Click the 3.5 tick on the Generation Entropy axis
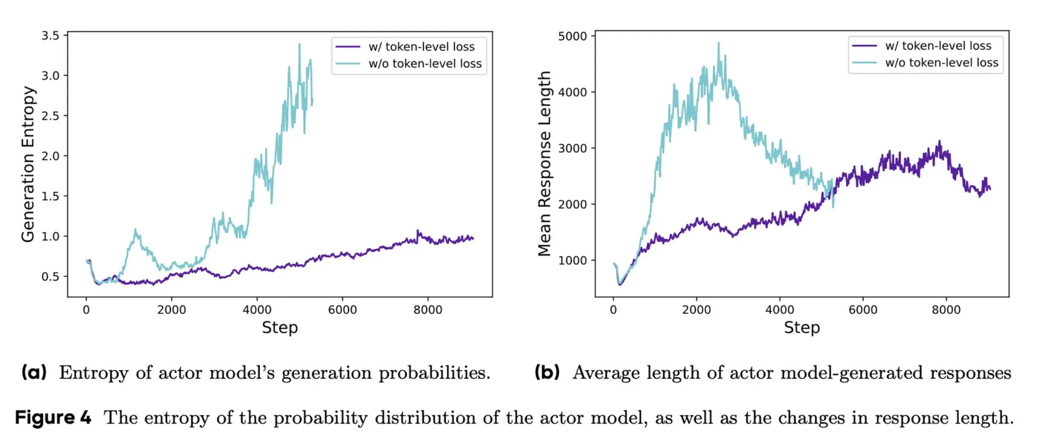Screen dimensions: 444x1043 click(50, 36)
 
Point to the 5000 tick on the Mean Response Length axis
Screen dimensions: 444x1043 click(572, 36)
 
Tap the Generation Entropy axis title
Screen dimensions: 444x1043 click(28, 164)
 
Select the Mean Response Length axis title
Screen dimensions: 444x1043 click(544, 164)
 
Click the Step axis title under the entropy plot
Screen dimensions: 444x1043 click(280, 327)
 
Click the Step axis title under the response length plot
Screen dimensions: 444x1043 click(802, 327)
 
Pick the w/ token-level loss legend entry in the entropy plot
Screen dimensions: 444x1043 click(421, 47)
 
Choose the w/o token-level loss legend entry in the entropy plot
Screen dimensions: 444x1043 click(425, 64)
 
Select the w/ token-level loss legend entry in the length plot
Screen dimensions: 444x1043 click(938, 46)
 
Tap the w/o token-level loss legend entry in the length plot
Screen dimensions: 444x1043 click(942, 63)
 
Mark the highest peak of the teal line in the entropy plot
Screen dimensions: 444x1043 click(300, 44)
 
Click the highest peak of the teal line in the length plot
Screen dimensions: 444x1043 click(718, 43)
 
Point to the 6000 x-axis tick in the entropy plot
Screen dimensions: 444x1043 click(342, 310)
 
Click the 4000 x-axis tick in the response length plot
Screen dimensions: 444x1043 click(779, 310)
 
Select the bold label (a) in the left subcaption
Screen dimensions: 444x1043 click(34, 372)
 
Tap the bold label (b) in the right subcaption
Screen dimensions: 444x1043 click(547, 372)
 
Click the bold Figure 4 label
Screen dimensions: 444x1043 click(53, 418)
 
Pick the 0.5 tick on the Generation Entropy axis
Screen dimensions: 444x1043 click(50, 277)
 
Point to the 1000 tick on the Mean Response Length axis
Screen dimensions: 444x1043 click(572, 261)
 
